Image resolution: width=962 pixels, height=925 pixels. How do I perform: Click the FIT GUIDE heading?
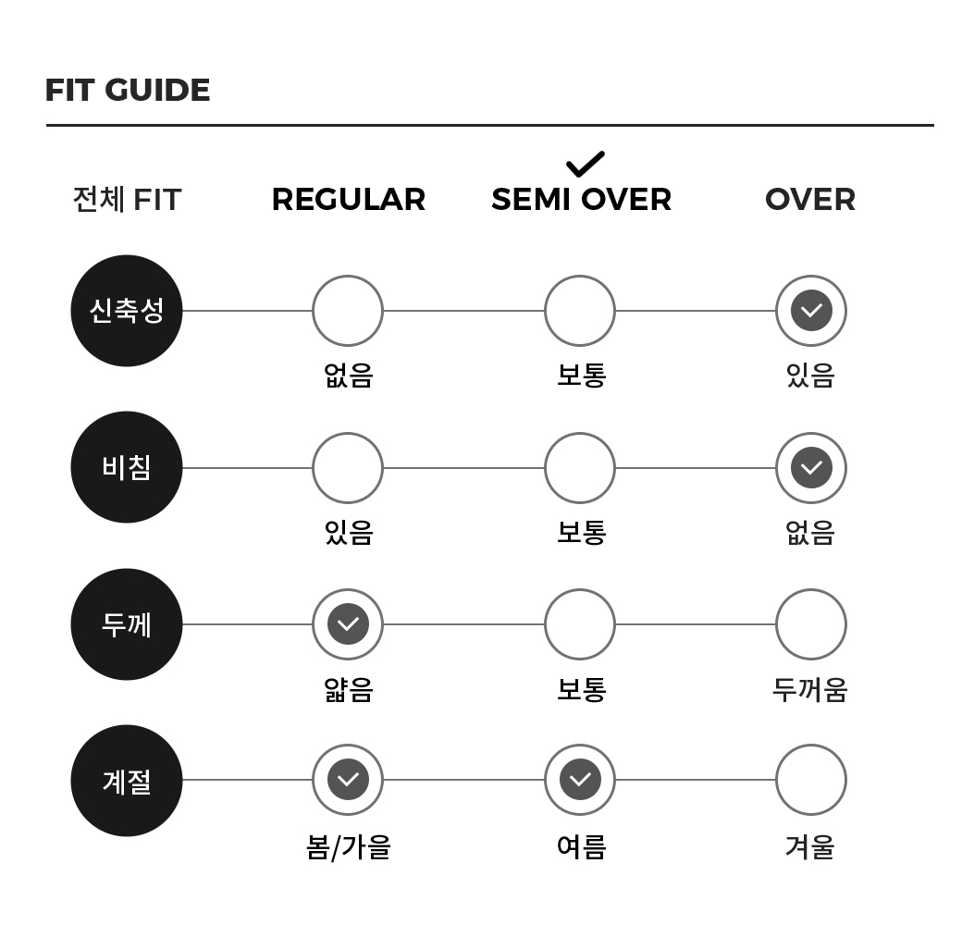(x=128, y=90)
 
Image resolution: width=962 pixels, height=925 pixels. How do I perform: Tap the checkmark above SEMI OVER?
(x=586, y=164)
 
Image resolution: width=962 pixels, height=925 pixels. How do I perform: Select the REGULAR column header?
(x=349, y=200)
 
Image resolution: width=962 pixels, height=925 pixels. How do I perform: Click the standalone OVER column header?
(x=810, y=200)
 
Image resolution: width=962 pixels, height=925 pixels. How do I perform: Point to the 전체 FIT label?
(x=127, y=200)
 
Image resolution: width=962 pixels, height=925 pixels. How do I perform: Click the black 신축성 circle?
(x=127, y=311)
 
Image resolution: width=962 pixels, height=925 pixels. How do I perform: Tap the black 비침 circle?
(x=127, y=467)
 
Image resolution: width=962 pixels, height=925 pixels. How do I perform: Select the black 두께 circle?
(x=127, y=624)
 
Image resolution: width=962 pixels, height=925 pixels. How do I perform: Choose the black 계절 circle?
(x=127, y=781)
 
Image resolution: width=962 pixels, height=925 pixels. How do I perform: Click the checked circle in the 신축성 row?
(x=811, y=311)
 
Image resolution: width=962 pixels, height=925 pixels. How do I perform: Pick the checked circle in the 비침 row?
(x=811, y=468)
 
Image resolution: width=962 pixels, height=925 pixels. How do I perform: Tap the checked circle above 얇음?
(x=348, y=624)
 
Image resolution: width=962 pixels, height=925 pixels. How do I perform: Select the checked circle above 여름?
(x=580, y=780)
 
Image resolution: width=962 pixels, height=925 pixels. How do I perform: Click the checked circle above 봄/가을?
(x=348, y=780)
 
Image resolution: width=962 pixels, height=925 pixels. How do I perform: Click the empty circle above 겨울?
(x=811, y=780)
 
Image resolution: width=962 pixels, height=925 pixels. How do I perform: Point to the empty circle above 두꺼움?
(x=811, y=624)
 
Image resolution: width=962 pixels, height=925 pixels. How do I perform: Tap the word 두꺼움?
(x=810, y=689)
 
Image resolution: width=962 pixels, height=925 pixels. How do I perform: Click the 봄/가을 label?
(x=349, y=847)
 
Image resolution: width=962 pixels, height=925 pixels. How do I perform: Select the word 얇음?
(x=349, y=689)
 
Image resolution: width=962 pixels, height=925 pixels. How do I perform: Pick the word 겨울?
(x=810, y=846)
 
